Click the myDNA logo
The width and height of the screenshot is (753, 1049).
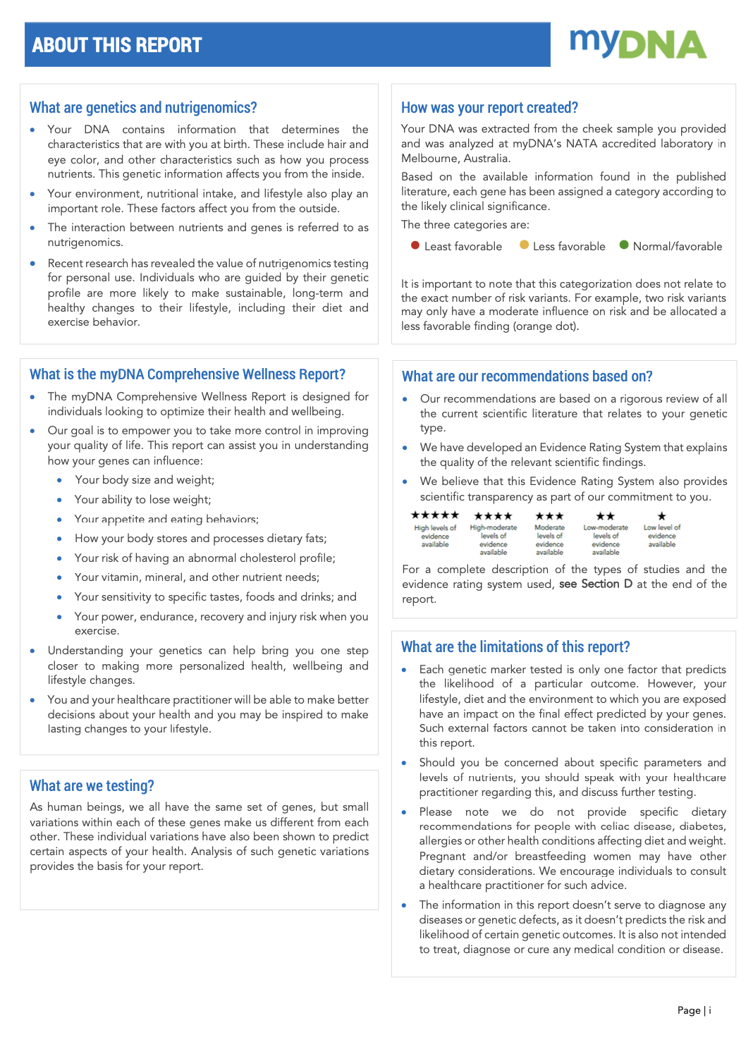[x=638, y=44]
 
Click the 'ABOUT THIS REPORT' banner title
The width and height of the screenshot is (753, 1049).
[x=117, y=45]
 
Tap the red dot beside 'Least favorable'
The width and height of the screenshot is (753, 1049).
[x=415, y=245]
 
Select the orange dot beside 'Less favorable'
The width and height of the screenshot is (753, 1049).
[x=524, y=245]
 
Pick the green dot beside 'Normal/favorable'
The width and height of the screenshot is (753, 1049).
[x=624, y=245]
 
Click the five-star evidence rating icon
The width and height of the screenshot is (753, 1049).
[x=435, y=515]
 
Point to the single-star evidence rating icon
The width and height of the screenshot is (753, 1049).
[x=661, y=516]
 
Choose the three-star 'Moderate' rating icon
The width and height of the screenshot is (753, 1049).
[x=549, y=516]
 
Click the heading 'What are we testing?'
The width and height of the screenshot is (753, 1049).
[x=92, y=785]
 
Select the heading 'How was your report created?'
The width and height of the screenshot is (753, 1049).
[x=489, y=107]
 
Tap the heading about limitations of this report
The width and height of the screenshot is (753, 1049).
[x=515, y=646]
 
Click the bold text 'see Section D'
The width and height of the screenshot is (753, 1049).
[x=596, y=584]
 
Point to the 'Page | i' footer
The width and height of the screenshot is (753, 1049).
[x=694, y=1010]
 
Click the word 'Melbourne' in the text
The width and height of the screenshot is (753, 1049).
[x=427, y=159]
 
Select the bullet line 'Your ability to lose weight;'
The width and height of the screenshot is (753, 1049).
[x=143, y=499]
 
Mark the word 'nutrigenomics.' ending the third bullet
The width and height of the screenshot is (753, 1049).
[x=85, y=243]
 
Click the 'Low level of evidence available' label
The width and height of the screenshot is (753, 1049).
[x=661, y=536]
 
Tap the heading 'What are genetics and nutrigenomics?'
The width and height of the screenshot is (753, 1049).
[x=143, y=107]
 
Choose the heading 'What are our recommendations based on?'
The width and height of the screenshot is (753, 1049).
[x=527, y=376]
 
